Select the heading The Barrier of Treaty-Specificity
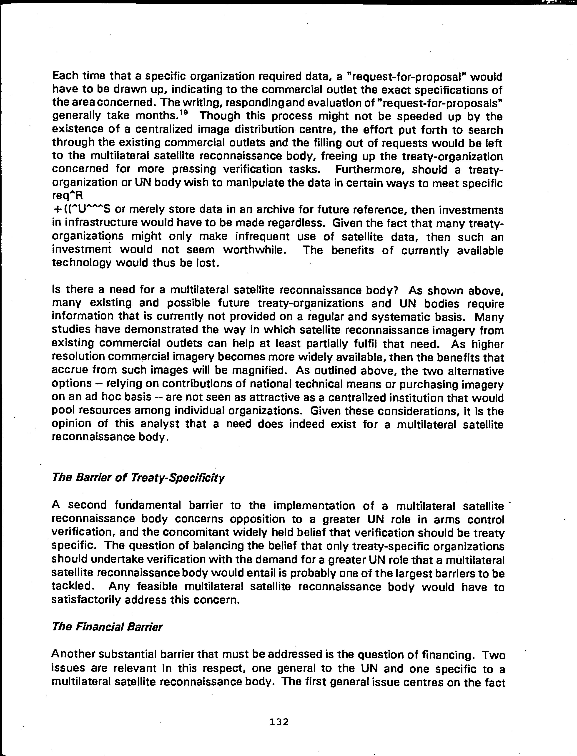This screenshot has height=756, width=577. [x=138, y=478]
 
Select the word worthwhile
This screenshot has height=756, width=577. [x=254, y=250]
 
